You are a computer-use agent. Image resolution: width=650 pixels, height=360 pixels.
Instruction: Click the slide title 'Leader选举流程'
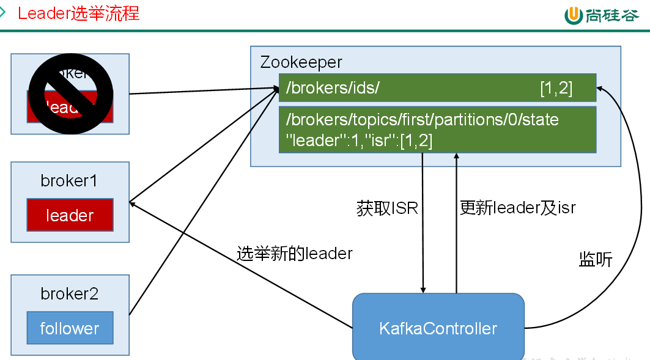[x=78, y=13]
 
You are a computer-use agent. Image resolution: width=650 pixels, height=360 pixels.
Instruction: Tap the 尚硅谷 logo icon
[x=573, y=15]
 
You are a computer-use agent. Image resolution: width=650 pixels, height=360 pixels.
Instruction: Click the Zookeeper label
[x=301, y=62]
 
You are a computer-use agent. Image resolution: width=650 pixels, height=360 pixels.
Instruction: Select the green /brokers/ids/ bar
[x=437, y=88]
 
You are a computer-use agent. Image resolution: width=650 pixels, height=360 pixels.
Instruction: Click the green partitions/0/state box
[x=437, y=130]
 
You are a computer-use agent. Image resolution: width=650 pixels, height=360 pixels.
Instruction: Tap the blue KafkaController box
[x=438, y=328]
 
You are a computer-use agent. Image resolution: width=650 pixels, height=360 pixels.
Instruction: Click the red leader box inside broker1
[x=70, y=215]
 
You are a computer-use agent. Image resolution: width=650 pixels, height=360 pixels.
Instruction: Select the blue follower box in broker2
[x=70, y=328]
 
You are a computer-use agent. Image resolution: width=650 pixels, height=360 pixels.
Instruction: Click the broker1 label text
[x=69, y=182]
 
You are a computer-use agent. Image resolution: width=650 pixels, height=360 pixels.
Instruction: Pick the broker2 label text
[x=69, y=294]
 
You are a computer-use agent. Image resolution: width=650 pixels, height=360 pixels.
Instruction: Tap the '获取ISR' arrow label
[x=387, y=208]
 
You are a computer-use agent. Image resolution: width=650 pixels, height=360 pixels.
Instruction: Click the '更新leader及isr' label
[x=517, y=208]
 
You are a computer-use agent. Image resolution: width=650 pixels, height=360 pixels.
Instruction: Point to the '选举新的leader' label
[x=294, y=253]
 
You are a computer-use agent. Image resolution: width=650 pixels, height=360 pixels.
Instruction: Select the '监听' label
[x=595, y=260]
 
